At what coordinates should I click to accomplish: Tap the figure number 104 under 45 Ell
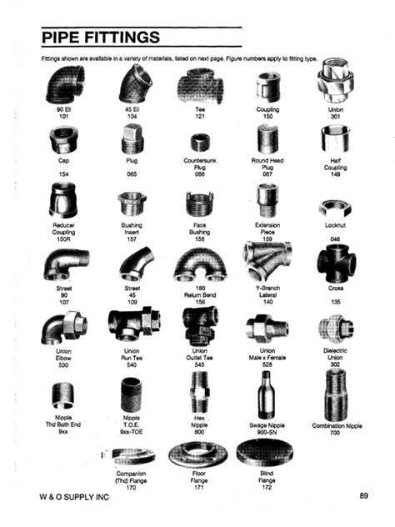click(x=132, y=117)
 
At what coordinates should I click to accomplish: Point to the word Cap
click(x=63, y=160)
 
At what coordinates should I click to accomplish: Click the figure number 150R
click(x=63, y=237)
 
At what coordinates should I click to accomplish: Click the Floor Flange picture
click(x=198, y=455)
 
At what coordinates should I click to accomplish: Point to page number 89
click(x=363, y=497)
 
